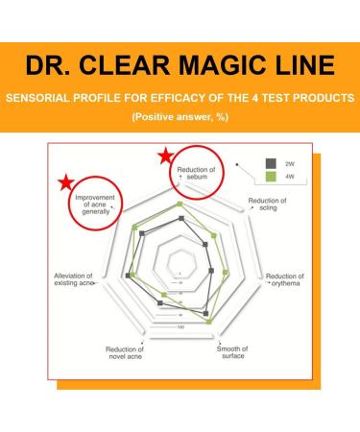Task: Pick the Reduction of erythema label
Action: click(285, 279)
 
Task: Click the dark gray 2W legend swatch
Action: click(271, 163)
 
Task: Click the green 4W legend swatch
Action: click(271, 177)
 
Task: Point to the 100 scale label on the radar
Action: click(180, 327)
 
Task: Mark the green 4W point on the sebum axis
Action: click(180, 204)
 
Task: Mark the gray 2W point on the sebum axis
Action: click(180, 219)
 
